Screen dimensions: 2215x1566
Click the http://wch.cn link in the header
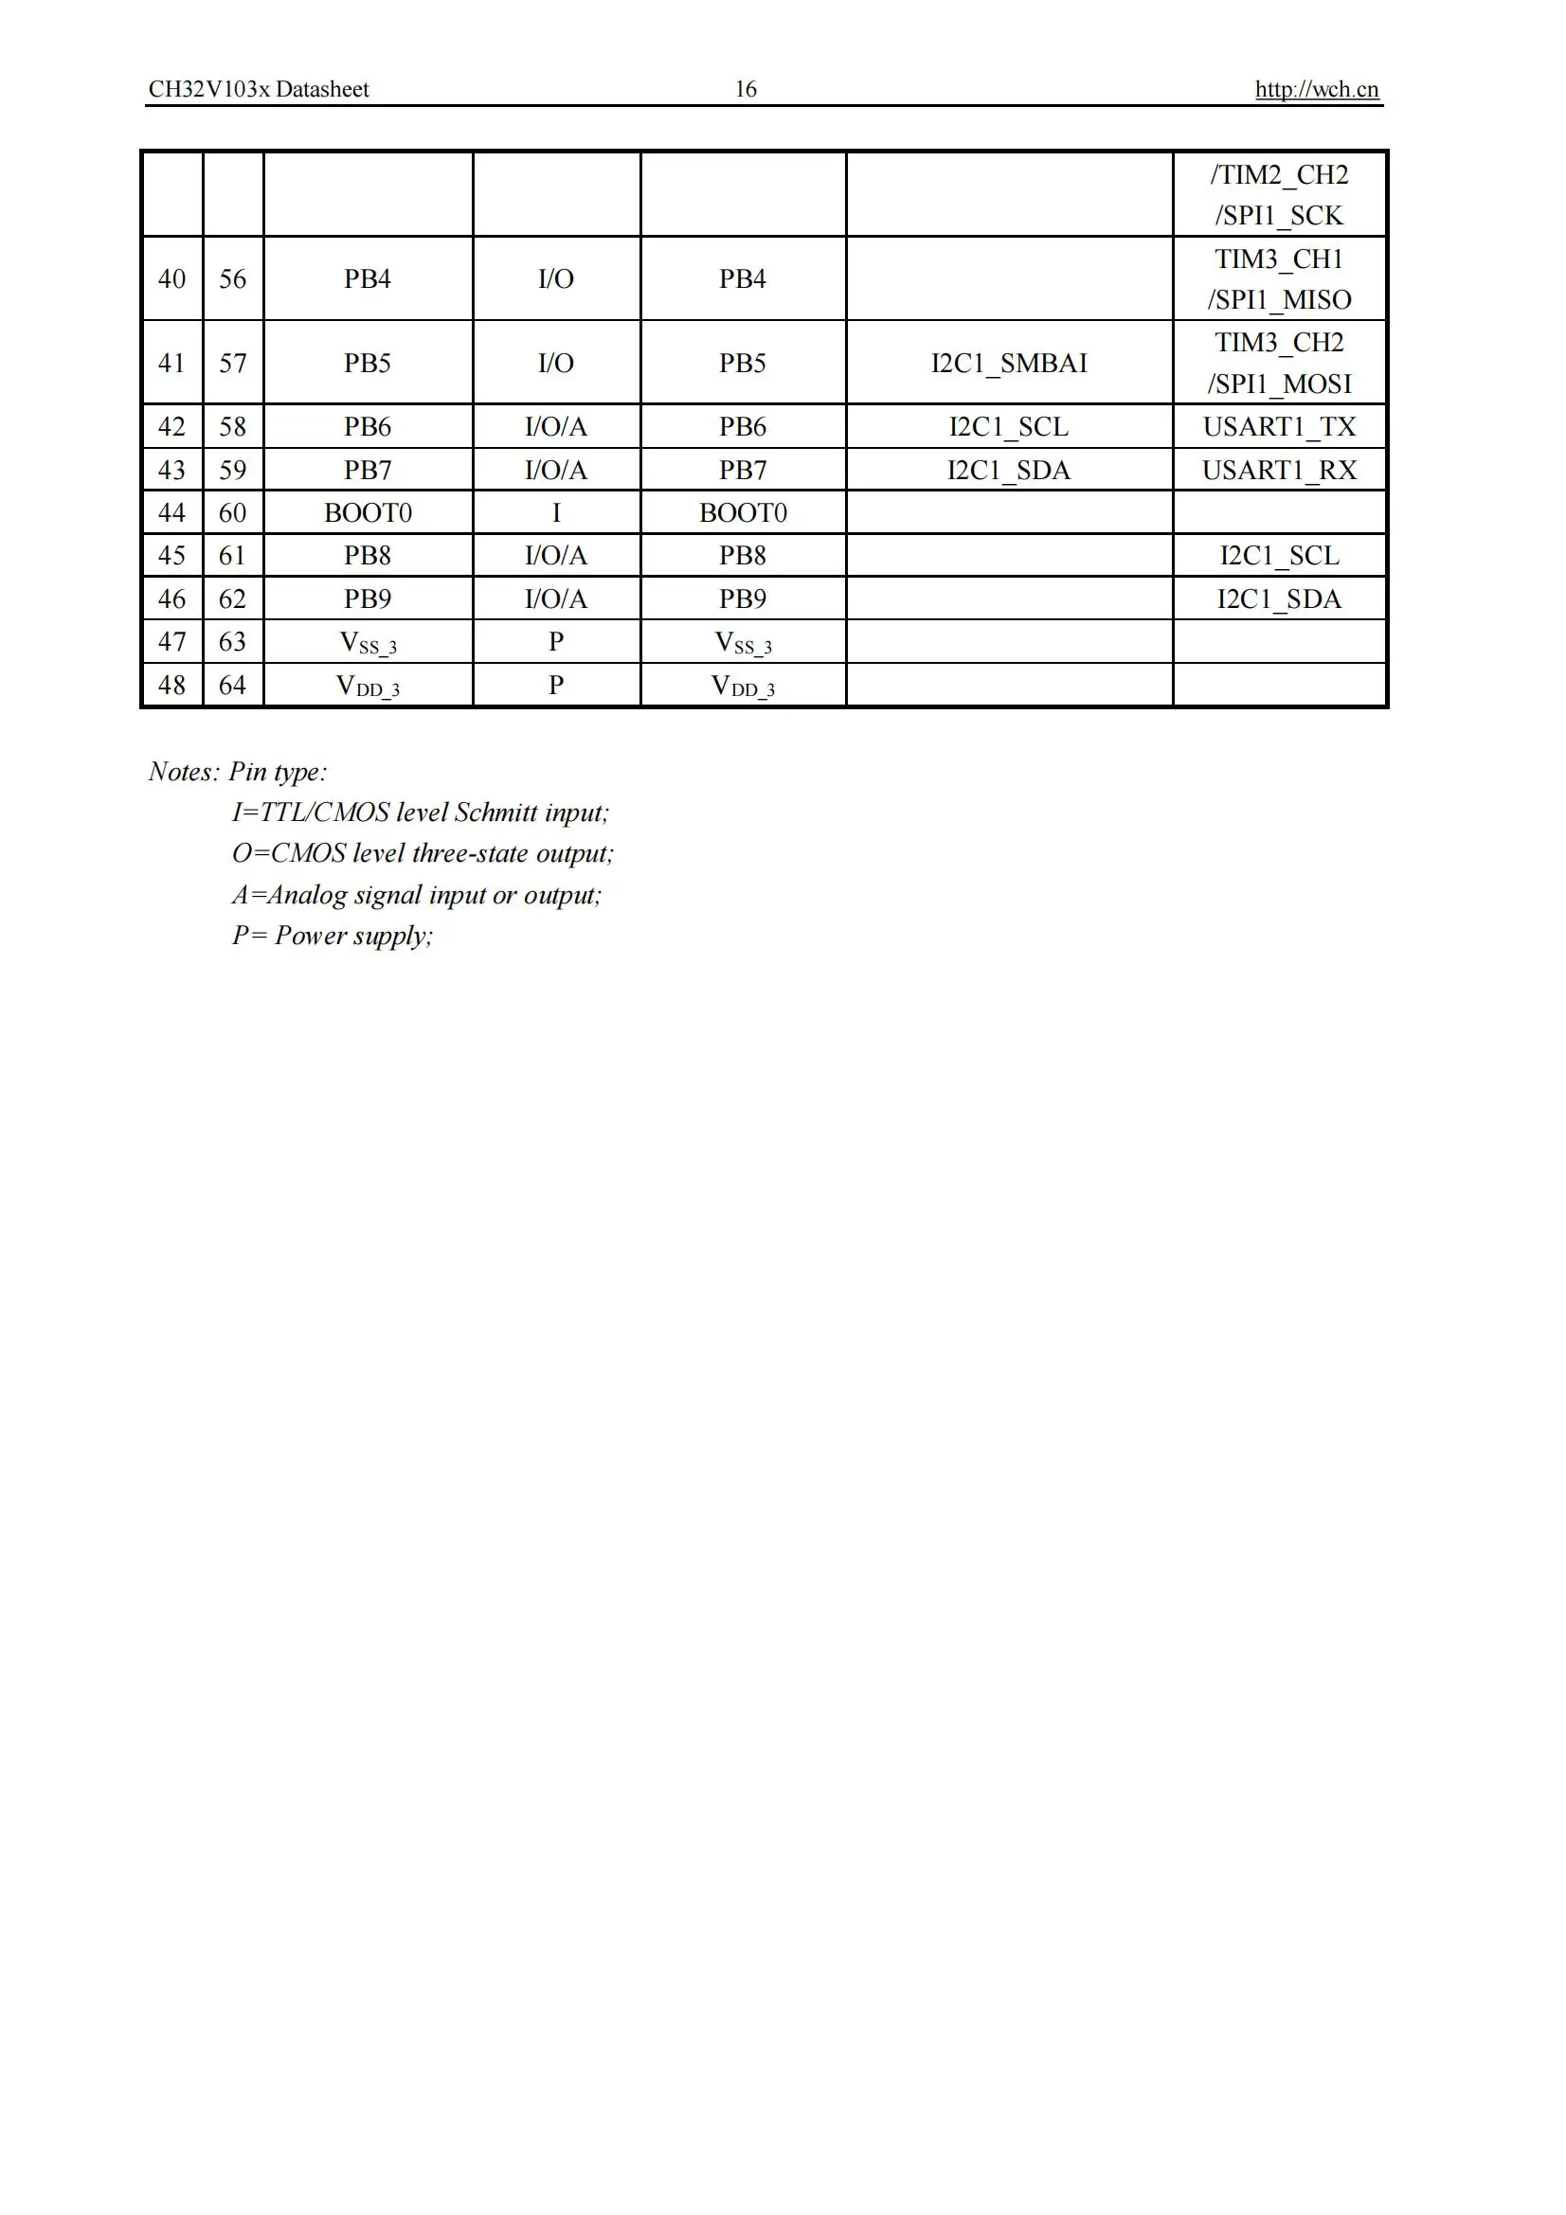coord(1316,90)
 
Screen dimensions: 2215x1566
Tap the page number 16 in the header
coord(746,90)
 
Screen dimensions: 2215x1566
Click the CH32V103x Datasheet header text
coord(259,90)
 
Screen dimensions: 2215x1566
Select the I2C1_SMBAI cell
coord(1008,364)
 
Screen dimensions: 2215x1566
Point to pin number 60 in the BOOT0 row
coord(232,512)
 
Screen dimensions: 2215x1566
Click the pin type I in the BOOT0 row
coord(556,512)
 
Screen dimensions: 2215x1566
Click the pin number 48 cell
coord(171,685)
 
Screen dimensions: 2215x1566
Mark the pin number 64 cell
coord(232,685)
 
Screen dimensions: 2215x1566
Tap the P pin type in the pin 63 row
coord(556,641)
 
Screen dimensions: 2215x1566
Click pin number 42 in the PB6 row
coord(171,426)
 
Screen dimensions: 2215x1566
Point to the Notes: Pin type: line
coord(238,772)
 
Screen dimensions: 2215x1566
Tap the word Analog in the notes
coord(307,895)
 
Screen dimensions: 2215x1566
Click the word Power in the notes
coord(311,936)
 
